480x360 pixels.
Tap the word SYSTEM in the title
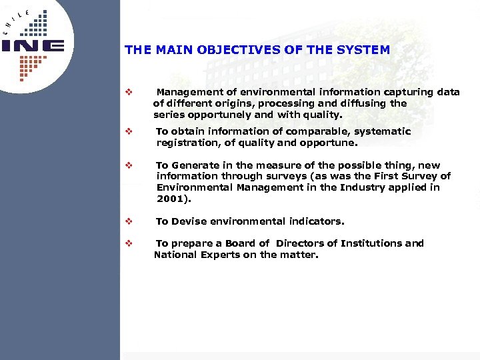[367, 50]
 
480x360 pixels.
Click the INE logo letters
[33, 46]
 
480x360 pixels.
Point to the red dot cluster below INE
[33, 67]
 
